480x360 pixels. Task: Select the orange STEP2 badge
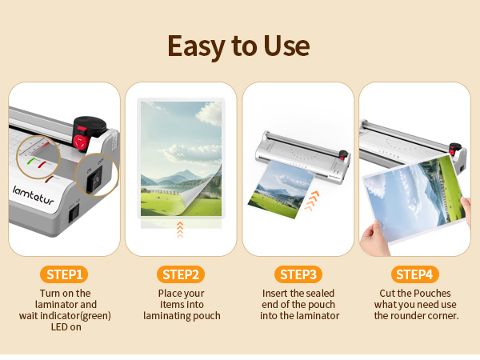click(181, 274)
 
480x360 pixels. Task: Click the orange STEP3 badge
click(299, 274)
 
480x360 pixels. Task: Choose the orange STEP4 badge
click(414, 274)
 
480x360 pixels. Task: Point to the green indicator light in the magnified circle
click(31, 160)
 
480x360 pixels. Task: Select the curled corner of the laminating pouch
click(207, 197)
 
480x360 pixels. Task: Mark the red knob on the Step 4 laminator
click(455, 150)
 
